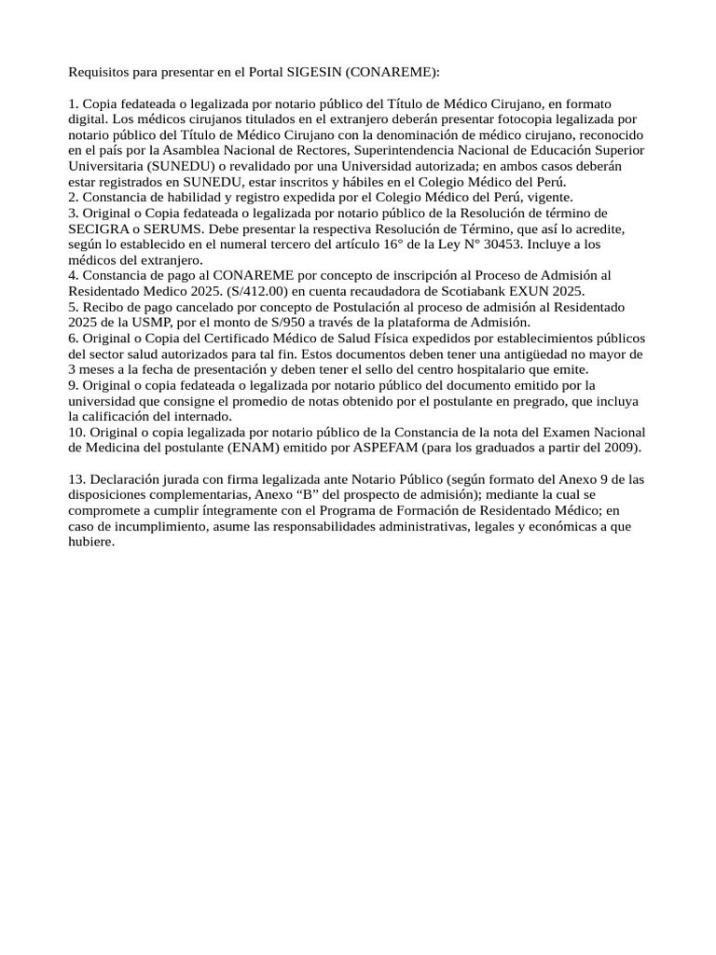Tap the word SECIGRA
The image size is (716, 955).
click(x=98, y=228)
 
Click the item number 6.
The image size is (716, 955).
click(x=73, y=339)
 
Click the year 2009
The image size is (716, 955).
click(x=623, y=449)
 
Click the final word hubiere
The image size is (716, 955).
click(x=91, y=544)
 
